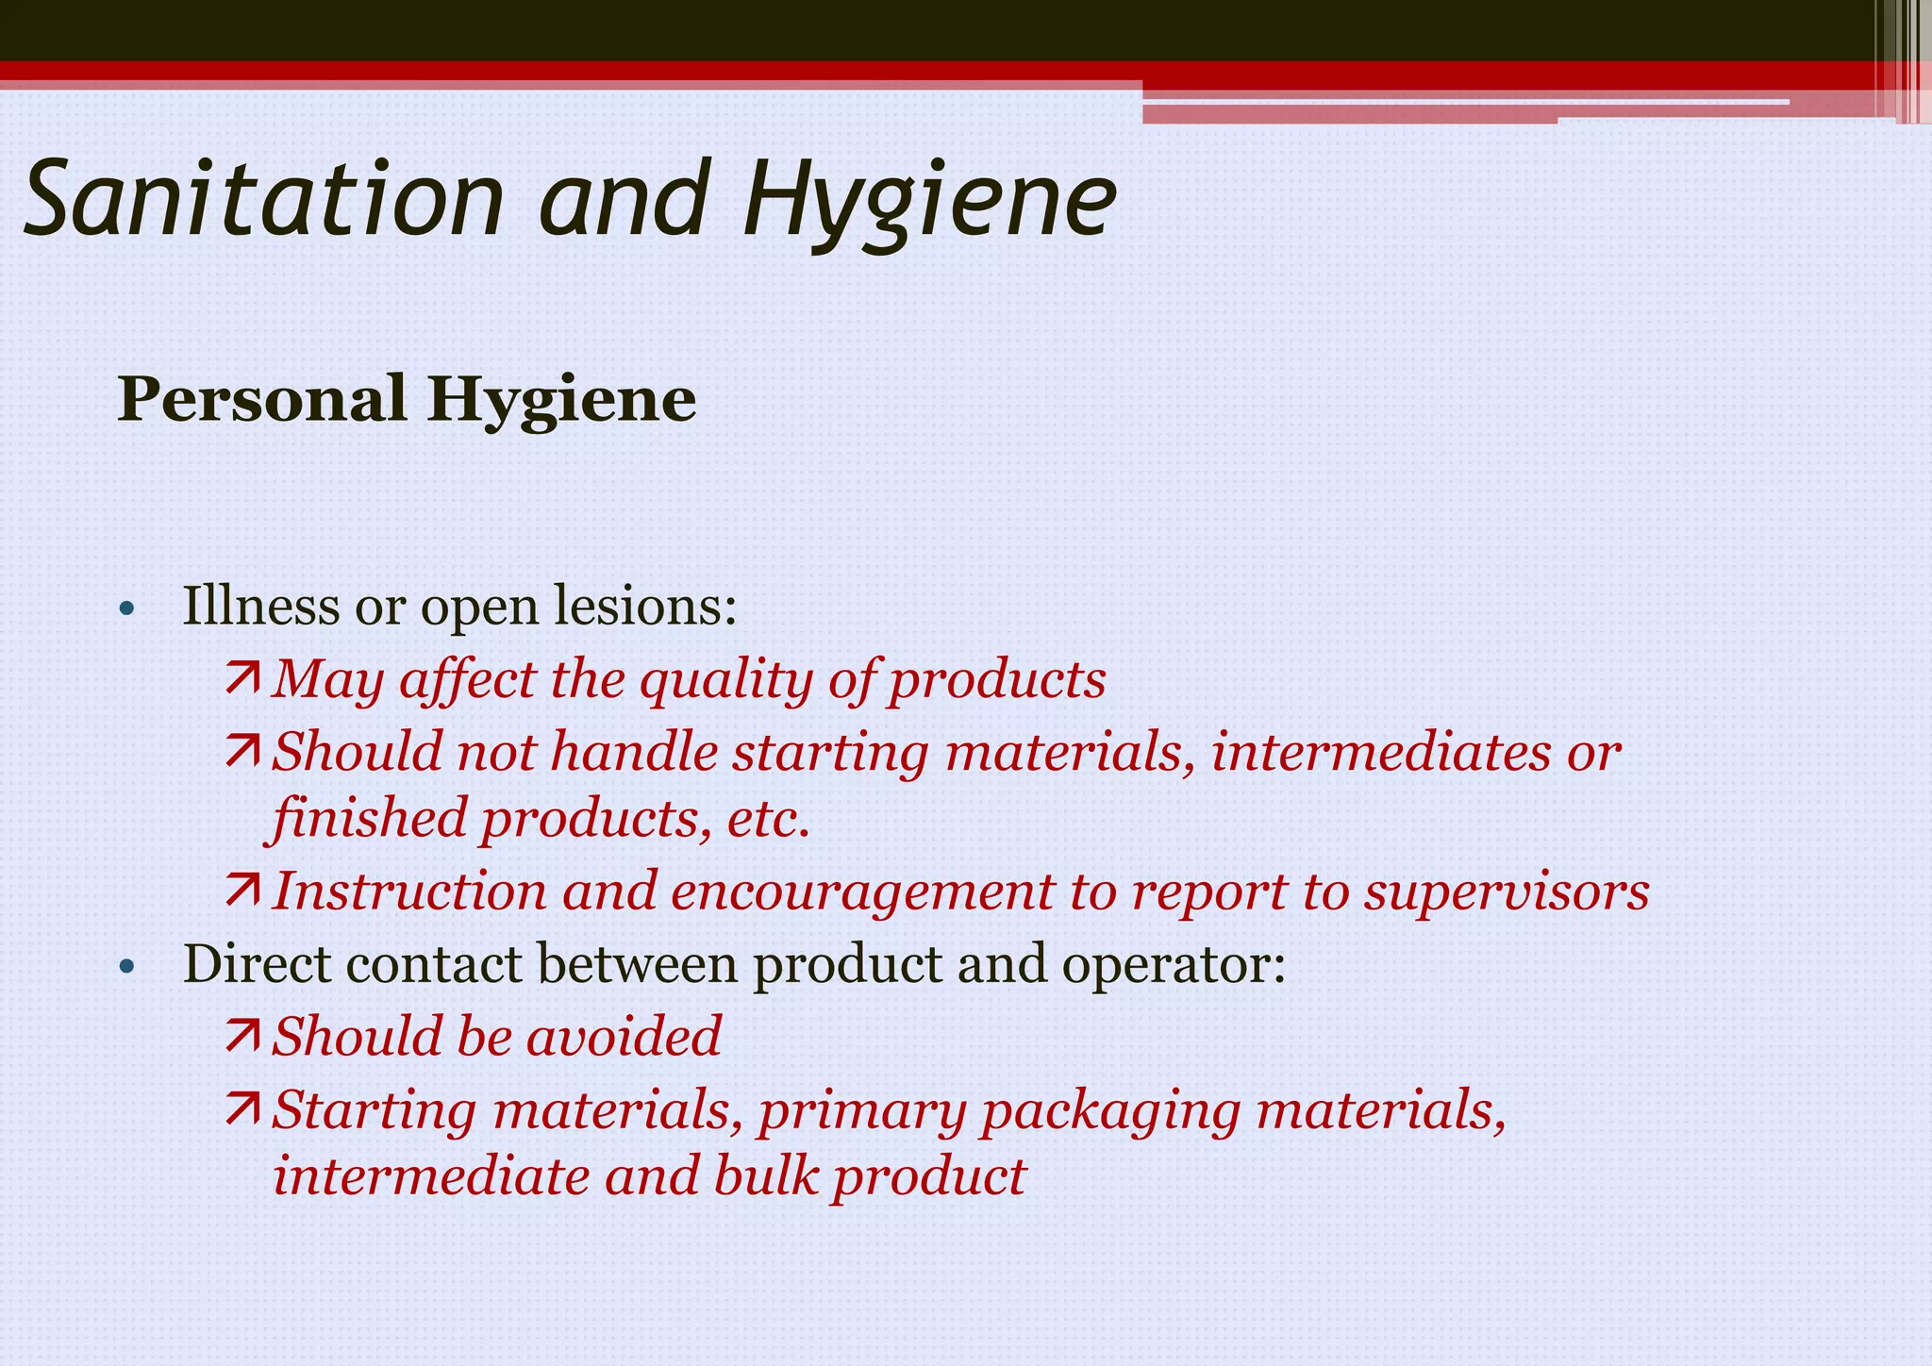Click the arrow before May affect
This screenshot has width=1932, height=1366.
point(242,679)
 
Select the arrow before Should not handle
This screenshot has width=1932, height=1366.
point(242,752)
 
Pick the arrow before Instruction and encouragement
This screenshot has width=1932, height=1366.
point(242,891)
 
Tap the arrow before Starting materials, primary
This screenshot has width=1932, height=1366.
point(242,1109)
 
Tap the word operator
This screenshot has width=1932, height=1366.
point(1174,964)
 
